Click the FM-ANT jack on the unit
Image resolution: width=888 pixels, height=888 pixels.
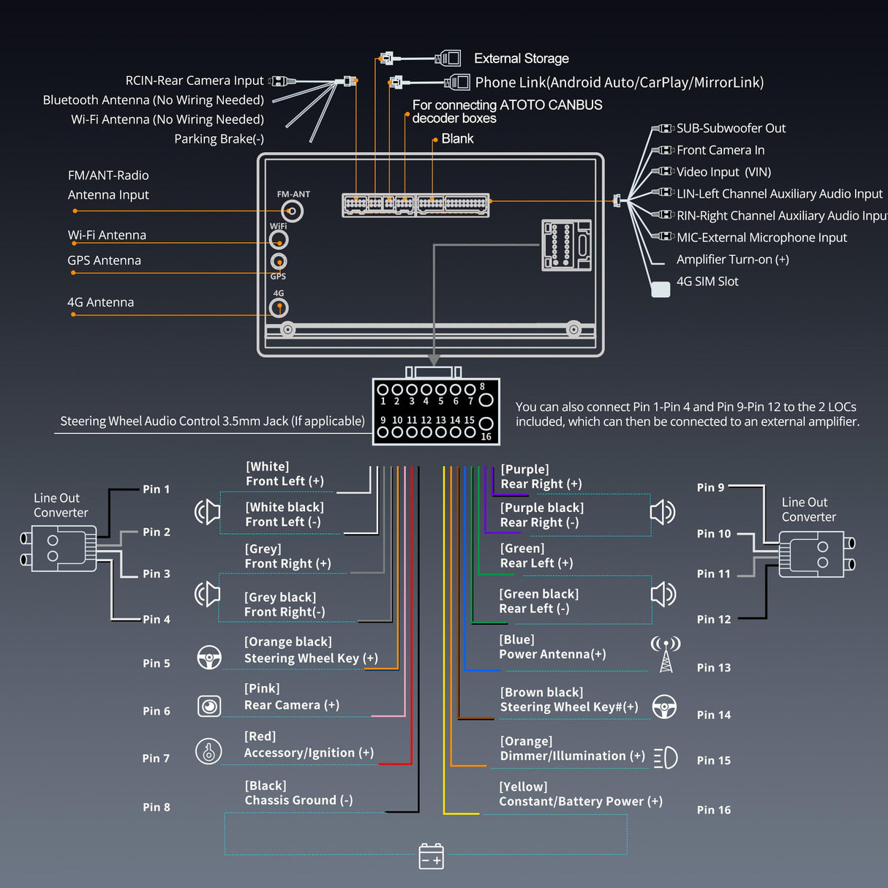click(x=292, y=211)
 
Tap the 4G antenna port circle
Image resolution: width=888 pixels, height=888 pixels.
click(x=279, y=308)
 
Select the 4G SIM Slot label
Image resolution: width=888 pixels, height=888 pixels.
click(x=707, y=282)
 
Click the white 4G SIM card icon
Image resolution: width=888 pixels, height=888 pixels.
click(x=661, y=290)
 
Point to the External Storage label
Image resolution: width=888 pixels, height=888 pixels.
click(x=521, y=59)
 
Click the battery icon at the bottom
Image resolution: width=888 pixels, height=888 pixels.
click(x=431, y=857)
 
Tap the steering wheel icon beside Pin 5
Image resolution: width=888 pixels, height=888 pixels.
click(x=209, y=657)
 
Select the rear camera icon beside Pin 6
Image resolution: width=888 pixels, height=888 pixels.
click(x=209, y=706)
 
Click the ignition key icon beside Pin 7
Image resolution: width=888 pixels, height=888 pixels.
click(x=209, y=751)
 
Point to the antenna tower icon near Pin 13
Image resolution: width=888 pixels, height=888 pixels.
click(x=666, y=653)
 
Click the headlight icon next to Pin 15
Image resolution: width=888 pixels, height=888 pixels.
click(x=666, y=758)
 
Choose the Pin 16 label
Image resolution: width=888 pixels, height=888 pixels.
click(x=713, y=810)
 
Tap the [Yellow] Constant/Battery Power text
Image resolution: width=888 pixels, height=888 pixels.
click(x=580, y=794)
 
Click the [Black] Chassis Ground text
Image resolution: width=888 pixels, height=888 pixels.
click(x=298, y=793)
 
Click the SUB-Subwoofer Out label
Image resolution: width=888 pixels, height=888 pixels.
click(x=731, y=129)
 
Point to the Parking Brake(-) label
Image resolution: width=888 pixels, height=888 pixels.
click(x=219, y=139)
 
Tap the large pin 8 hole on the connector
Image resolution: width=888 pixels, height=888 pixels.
click(x=486, y=399)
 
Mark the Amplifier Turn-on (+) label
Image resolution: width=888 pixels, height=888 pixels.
click(x=732, y=260)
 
